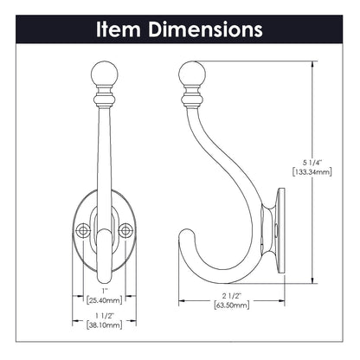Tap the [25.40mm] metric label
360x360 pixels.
pyautogui.click(x=104, y=301)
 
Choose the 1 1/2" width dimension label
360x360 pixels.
pyautogui.click(x=104, y=318)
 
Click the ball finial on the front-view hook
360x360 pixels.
pyautogui.click(x=104, y=68)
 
